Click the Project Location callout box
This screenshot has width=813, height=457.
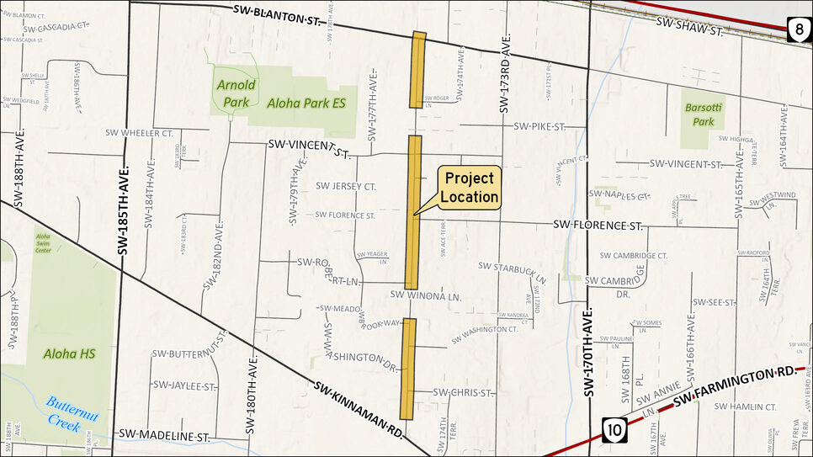click(x=470, y=189)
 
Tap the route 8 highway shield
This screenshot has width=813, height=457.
click(x=799, y=32)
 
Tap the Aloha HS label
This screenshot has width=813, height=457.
click(x=70, y=354)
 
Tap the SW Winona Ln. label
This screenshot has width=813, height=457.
click(x=427, y=296)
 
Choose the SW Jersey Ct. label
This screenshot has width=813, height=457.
click(x=345, y=185)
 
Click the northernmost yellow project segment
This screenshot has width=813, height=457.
click(x=418, y=70)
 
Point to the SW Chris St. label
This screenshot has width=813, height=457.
click(x=457, y=392)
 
